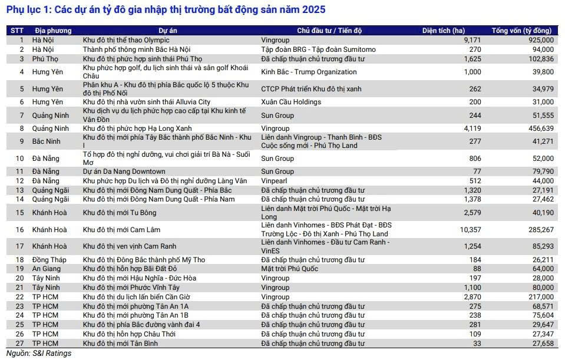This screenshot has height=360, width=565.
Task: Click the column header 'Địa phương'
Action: coord(53,31)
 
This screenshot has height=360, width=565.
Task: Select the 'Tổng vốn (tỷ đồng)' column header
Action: coord(522,31)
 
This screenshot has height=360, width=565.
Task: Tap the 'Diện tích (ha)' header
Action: coord(444,31)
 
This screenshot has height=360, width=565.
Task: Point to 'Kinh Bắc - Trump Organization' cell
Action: coord(309,72)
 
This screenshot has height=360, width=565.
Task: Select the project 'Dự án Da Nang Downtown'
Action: coord(124,171)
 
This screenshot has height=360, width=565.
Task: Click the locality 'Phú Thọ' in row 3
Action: coord(45,59)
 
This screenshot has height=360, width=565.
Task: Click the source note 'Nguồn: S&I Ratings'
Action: coord(38,354)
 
